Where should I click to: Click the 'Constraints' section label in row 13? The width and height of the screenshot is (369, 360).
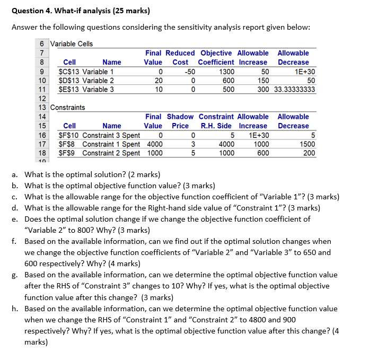pyautogui.click(x=67, y=108)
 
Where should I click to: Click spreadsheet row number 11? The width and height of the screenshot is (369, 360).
pyautogui.click(x=42, y=90)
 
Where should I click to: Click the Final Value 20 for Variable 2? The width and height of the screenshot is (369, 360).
pyautogui.click(x=158, y=81)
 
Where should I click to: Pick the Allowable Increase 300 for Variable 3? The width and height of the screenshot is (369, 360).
pyautogui.click(x=262, y=90)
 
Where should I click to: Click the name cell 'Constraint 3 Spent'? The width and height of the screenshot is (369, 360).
pyautogui.click(x=111, y=135)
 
